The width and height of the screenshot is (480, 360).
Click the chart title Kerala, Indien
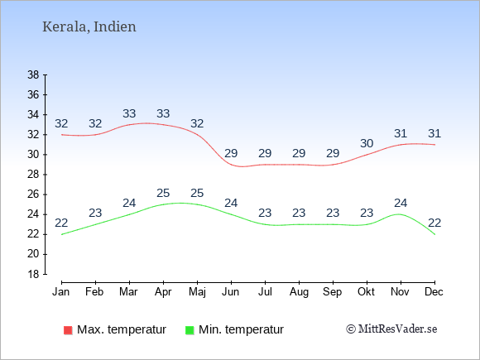point(89,26)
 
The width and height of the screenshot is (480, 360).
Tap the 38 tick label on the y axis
point(33,74)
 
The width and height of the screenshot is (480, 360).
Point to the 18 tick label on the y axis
point(33,274)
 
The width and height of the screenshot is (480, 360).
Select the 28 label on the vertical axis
point(33,175)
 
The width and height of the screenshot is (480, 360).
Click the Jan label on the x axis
point(61,292)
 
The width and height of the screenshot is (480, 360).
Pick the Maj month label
point(197,292)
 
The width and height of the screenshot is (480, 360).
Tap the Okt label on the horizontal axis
point(366,292)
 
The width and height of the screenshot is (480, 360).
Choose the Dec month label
point(434,292)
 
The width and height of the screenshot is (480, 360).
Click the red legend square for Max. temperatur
point(68,330)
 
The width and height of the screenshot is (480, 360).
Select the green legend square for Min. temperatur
point(190,330)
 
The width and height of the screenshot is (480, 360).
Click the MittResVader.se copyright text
point(391,329)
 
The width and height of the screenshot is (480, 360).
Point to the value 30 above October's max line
point(367,143)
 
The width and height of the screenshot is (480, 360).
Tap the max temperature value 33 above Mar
point(129,113)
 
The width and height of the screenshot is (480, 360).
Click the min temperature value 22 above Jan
point(61,223)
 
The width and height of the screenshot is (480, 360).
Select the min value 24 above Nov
point(401,203)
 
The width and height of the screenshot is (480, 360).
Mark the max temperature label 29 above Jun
point(231,153)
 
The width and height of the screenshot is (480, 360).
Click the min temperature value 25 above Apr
point(163,193)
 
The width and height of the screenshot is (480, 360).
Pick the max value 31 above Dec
point(434,133)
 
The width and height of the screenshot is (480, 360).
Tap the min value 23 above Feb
point(95,213)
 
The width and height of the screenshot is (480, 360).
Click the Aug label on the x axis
point(299,292)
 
